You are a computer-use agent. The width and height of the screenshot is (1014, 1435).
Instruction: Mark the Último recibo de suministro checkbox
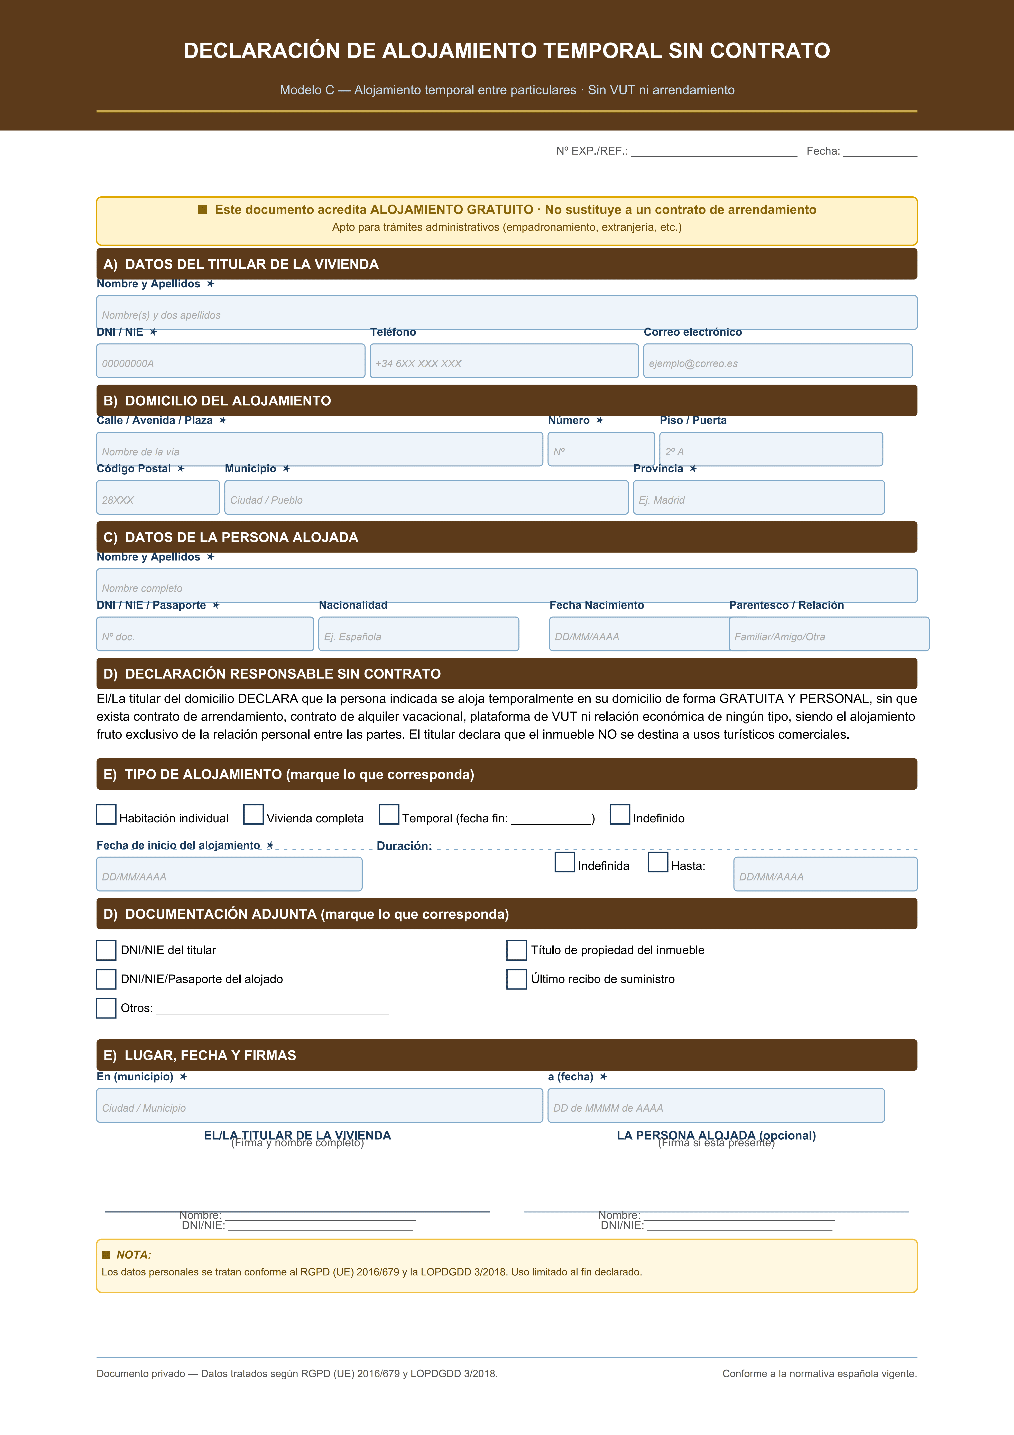516,979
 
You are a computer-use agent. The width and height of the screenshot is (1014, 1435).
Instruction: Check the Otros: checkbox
106,1008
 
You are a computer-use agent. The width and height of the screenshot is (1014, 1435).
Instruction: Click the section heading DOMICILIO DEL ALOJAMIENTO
228,401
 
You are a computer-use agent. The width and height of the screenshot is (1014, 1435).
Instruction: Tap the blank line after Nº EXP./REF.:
713,152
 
